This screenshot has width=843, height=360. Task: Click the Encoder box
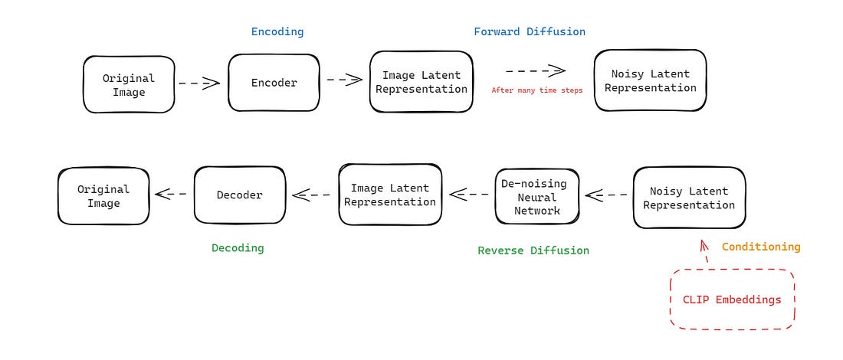tap(274, 82)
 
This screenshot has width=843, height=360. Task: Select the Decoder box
tap(239, 195)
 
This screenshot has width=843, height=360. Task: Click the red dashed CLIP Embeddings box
tap(732, 299)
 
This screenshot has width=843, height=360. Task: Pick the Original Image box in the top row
tap(129, 85)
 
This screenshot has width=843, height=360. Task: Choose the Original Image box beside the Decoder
tap(103, 196)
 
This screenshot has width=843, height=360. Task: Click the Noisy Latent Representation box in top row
tap(650, 80)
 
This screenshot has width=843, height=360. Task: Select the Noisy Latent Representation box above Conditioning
tap(689, 198)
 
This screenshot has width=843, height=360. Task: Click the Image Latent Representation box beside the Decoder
tap(389, 195)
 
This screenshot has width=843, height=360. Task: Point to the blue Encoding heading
tap(277, 31)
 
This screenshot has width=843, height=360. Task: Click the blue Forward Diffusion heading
tap(530, 31)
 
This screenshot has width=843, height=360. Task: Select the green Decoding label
tap(238, 247)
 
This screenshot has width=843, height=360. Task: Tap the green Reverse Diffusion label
tap(533, 250)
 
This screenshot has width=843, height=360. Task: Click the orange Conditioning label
tap(761, 247)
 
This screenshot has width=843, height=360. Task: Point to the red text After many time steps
tap(536, 90)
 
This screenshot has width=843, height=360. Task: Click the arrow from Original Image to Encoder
tap(199, 82)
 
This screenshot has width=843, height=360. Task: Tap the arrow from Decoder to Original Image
tap(171, 194)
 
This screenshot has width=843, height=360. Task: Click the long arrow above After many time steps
tap(536, 70)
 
